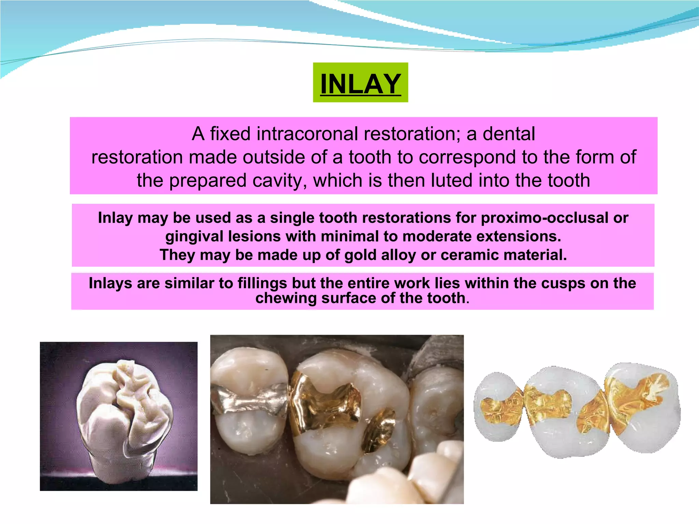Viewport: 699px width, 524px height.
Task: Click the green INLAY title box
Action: pos(360,83)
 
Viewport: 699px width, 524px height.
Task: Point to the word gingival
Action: pos(194,236)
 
